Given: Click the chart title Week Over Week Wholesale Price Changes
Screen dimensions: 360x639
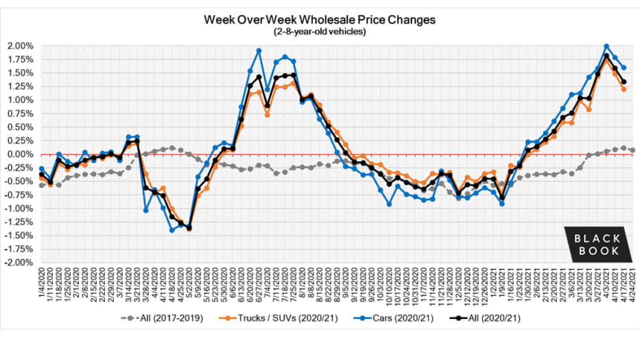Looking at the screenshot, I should tap(319, 20).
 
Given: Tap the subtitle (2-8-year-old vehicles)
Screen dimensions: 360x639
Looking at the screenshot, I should tap(319, 32).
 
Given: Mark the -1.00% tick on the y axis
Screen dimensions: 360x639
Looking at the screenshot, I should tap(22, 208).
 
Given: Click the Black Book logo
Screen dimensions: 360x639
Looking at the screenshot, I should tap(597, 243).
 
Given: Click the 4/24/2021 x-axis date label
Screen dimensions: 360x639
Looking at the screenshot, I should tap(632, 284).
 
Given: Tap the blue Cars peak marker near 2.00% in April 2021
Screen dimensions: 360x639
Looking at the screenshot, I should tap(606, 46).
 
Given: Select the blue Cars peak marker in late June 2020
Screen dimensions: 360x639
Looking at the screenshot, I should tap(259, 50).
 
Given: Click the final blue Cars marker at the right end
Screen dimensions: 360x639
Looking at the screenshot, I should tap(624, 67).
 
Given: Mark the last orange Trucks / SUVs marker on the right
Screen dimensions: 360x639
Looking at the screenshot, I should tap(624, 89).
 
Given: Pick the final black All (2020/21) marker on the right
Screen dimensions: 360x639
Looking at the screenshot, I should tap(624, 82).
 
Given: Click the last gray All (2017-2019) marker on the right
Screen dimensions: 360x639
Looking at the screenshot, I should tap(632, 150).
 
